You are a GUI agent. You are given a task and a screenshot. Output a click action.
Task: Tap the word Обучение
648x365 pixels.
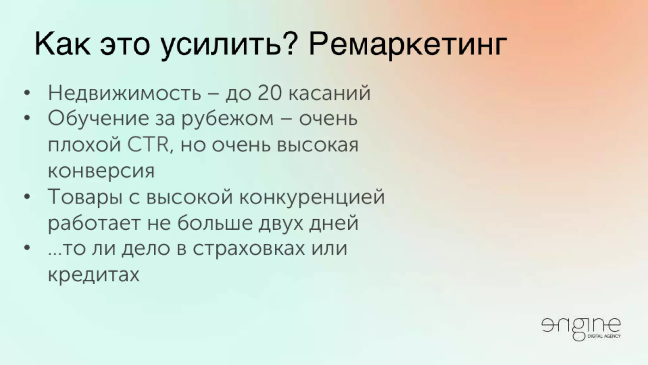(x=98, y=119)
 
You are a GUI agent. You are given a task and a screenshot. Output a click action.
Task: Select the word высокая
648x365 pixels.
(x=318, y=145)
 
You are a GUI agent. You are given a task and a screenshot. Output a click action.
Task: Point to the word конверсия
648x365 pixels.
(x=101, y=171)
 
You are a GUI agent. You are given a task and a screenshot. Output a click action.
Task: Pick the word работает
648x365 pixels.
(x=94, y=223)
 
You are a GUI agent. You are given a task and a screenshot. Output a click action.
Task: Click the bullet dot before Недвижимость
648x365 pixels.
(x=28, y=93)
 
